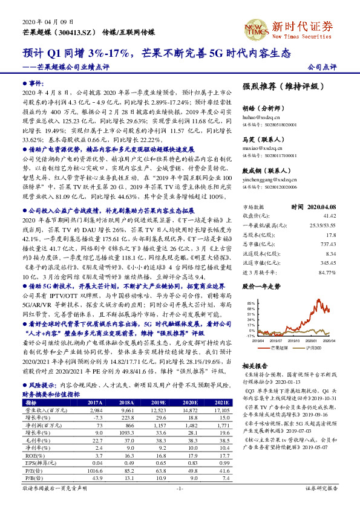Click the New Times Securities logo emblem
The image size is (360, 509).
tap(255, 29)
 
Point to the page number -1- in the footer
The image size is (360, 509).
tap(179, 504)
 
